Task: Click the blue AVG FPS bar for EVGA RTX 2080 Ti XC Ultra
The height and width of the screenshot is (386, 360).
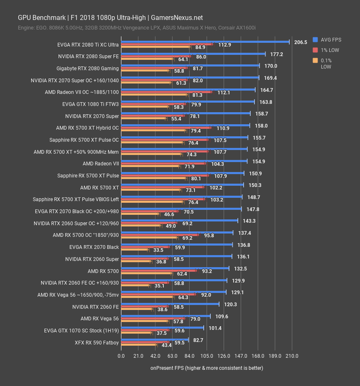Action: pyautogui.click(x=205, y=42)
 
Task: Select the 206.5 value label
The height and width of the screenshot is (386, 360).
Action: pyautogui.click(x=300, y=42)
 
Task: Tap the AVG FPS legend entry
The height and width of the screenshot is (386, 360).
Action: pyautogui.click(x=331, y=40)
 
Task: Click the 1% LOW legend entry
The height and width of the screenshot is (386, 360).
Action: pyautogui.click(x=330, y=50)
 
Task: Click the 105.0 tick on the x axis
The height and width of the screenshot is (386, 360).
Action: pyautogui.click(x=206, y=356)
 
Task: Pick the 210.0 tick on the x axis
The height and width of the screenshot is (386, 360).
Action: pyautogui.click(x=292, y=356)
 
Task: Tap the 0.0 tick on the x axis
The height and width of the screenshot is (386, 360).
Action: pyautogui.click(x=121, y=356)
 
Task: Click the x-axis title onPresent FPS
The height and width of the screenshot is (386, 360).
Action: pyautogui.click(x=207, y=368)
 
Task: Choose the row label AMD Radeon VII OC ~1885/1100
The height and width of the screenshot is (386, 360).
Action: pyautogui.click(x=82, y=92)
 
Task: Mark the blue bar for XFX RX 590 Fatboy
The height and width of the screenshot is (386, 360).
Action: pyautogui.click(x=155, y=340)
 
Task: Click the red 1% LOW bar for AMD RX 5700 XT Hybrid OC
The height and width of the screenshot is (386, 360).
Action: pyautogui.click(x=166, y=128)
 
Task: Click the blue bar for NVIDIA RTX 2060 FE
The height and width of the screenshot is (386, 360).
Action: pyautogui.click(x=170, y=304)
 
